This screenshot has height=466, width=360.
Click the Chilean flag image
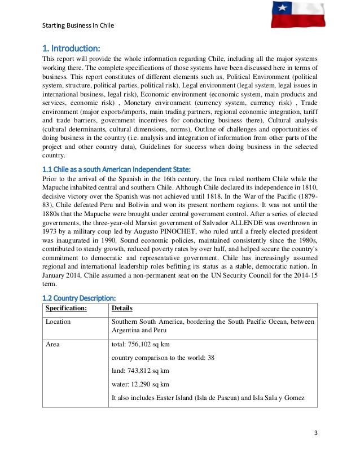click(298, 15)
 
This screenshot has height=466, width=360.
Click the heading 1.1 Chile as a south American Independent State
click(117, 169)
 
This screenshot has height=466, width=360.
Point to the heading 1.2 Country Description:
click(80, 297)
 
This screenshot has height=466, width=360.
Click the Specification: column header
click(66, 309)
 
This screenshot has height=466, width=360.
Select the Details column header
click(122, 309)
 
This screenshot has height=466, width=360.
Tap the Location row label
click(58, 322)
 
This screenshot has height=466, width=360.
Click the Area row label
click(53, 344)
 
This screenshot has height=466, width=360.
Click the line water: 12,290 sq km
click(141, 384)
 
